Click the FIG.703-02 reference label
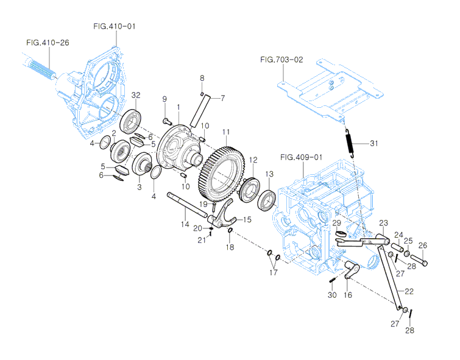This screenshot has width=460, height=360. coord(281,60)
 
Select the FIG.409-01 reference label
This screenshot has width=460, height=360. coord(301,157)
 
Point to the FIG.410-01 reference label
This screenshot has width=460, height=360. coord(114,26)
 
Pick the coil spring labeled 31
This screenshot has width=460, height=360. coord(351,144)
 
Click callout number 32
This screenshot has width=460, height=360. coord(135,95)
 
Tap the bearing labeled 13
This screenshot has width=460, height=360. coord(267,199)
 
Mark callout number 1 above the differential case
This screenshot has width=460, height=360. coord(179,106)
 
